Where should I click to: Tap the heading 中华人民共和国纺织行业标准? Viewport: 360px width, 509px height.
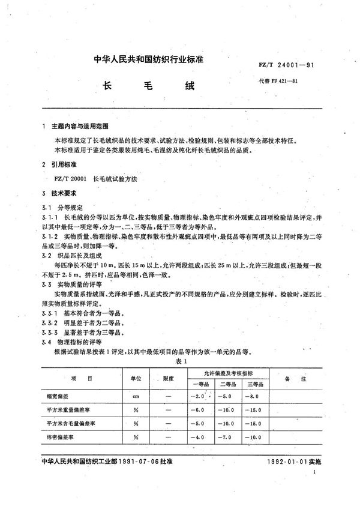tap(152, 61)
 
